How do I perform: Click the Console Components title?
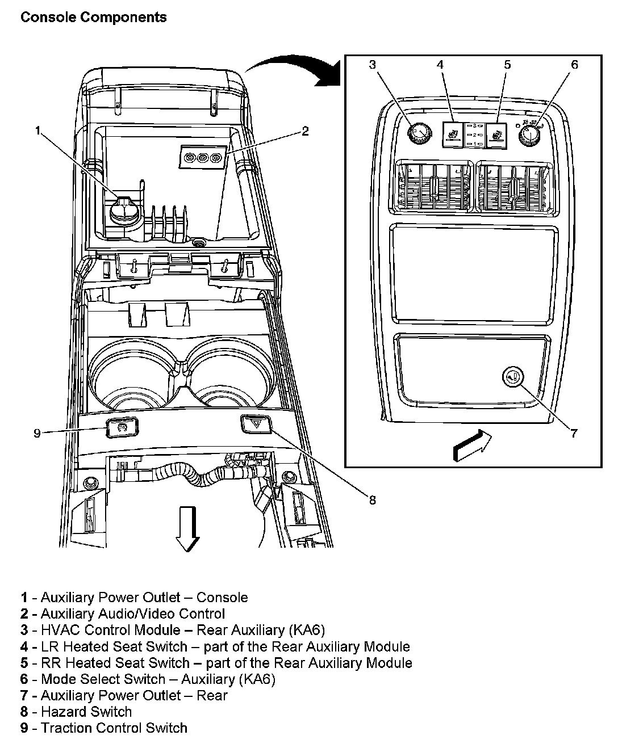pos(93,18)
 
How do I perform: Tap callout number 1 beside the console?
pos(37,132)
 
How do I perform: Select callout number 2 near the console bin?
pos(305,132)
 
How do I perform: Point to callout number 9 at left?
pos(37,433)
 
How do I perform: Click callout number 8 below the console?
pos(372,500)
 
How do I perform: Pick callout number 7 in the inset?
pos(574,434)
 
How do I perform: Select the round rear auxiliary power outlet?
pos(513,376)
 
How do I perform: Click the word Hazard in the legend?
pos(61,712)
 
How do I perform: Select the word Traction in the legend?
pos(64,728)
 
